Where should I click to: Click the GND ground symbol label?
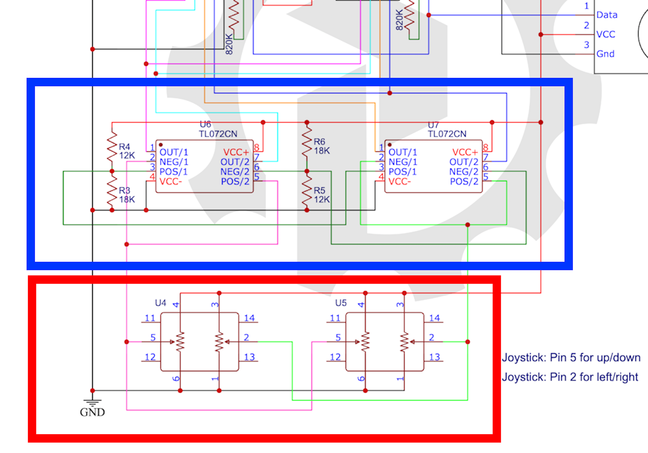(x=92, y=412)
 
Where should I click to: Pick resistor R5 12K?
(x=307, y=191)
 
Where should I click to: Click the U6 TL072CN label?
(x=218, y=130)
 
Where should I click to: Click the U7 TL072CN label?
(x=447, y=130)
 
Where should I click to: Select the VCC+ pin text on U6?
(x=236, y=152)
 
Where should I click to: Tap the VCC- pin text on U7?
(x=399, y=182)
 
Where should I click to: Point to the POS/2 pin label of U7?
(x=464, y=182)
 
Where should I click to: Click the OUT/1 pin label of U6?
(x=174, y=152)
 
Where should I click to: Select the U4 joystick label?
(x=160, y=303)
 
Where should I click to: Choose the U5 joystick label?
(x=341, y=303)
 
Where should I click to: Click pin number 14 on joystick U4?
(x=249, y=318)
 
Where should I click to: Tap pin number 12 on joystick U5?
(x=335, y=357)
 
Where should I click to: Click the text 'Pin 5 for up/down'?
(x=595, y=358)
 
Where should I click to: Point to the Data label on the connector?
(x=607, y=15)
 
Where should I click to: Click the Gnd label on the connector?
(x=605, y=54)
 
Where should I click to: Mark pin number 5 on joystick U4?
(x=153, y=337)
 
